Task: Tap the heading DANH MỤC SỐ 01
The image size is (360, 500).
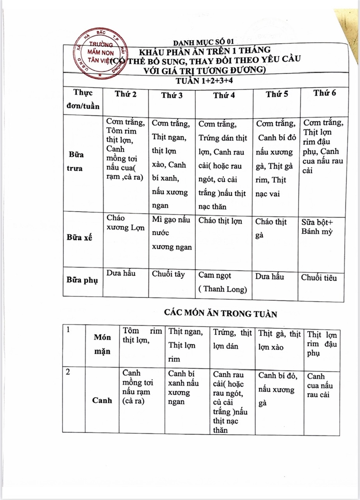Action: (x=204, y=42)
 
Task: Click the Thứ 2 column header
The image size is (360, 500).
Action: (x=126, y=95)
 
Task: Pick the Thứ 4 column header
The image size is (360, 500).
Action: (x=224, y=95)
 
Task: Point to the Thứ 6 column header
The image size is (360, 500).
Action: (x=325, y=93)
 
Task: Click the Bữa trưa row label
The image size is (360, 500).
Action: (x=76, y=161)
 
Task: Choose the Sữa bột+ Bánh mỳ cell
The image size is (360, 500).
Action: (x=317, y=227)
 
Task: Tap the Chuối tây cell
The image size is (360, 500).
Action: (x=168, y=275)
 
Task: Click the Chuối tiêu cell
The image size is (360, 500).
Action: (x=319, y=278)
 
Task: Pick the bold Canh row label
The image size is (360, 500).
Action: (x=102, y=400)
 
